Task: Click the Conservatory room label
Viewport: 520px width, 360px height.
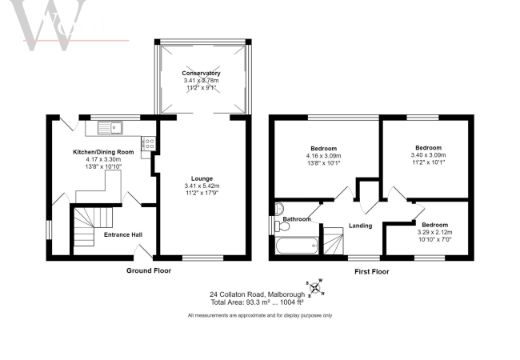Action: pyautogui.click(x=201, y=74)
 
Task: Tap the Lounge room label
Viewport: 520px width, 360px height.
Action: pyautogui.click(x=201, y=178)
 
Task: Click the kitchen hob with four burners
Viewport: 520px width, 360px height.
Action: pyautogui.click(x=148, y=143)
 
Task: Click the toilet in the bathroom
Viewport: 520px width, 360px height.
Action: pyautogui.click(x=278, y=210)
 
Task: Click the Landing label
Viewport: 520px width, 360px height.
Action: pyautogui.click(x=362, y=226)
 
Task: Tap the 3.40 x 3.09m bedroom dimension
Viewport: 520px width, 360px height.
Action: pyautogui.click(x=427, y=155)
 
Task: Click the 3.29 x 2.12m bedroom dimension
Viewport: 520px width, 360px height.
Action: pyautogui.click(x=434, y=233)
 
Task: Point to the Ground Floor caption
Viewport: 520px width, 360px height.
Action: pyautogui.click(x=149, y=270)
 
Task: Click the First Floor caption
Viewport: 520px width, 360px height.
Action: pyautogui.click(x=371, y=271)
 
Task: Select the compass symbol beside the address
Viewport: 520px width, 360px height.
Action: pyautogui.click(x=314, y=288)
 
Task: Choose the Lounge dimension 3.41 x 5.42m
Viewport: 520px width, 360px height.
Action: pyautogui.click(x=201, y=186)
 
